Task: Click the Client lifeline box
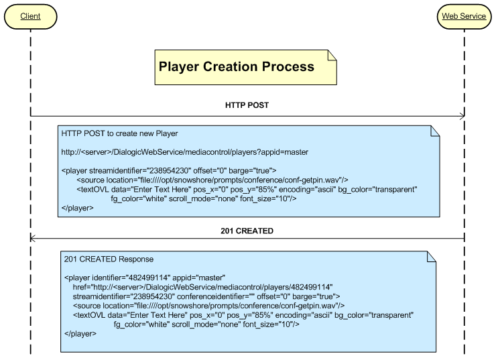[x=30, y=15]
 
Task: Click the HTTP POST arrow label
[x=247, y=105]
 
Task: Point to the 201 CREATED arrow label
[x=247, y=231]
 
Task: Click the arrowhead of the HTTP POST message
[x=460, y=117]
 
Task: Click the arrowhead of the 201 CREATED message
[x=34, y=239]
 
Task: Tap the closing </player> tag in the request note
[x=77, y=208]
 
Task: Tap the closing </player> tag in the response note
[x=80, y=333]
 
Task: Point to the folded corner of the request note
[x=434, y=130]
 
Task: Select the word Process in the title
[x=288, y=66]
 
